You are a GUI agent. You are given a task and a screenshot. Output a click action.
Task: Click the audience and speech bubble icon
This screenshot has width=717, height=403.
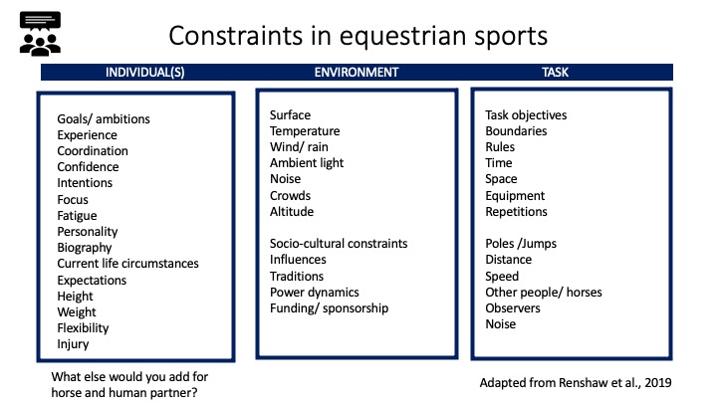(x=40, y=34)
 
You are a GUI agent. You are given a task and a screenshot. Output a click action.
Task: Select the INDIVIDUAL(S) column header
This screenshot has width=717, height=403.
(x=145, y=73)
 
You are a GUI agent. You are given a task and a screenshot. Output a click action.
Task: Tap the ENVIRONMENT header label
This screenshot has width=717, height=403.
(x=357, y=73)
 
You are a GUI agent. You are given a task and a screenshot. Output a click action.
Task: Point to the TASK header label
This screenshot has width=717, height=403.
(x=555, y=73)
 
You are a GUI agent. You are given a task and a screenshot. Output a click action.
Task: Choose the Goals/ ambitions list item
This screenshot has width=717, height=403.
(x=104, y=119)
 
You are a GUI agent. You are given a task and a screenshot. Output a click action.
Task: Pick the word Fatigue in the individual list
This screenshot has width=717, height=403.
(x=77, y=216)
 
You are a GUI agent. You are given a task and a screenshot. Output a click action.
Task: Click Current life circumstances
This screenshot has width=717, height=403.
(x=127, y=264)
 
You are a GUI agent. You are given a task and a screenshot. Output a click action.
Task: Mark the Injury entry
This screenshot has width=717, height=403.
(x=73, y=344)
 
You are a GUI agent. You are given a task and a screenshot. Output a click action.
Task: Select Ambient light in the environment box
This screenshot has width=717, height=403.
(x=307, y=163)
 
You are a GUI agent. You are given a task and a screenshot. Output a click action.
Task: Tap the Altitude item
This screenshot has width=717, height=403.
(x=292, y=212)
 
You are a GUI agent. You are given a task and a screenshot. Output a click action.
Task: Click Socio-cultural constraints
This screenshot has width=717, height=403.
(x=339, y=244)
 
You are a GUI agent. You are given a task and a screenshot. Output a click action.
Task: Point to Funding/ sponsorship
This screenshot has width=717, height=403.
(x=329, y=308)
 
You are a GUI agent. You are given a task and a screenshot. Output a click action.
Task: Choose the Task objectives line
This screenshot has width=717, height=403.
(x=526, y=115)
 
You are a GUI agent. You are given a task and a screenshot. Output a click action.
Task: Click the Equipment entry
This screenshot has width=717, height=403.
(x=515, y=196)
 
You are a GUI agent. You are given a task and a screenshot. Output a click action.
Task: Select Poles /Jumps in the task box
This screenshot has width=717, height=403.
(x=521, y=244)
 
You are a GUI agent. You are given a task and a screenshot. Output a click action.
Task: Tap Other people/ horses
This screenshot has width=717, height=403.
(x=544, y=293)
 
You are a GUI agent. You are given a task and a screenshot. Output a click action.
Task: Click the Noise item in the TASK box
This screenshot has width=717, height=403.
(x=501, y=324)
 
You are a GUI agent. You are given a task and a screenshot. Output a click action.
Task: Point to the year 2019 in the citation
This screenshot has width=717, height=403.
(x=658, y=383)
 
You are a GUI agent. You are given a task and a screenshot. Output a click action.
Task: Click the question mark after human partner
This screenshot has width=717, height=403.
(x=194, y=393)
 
